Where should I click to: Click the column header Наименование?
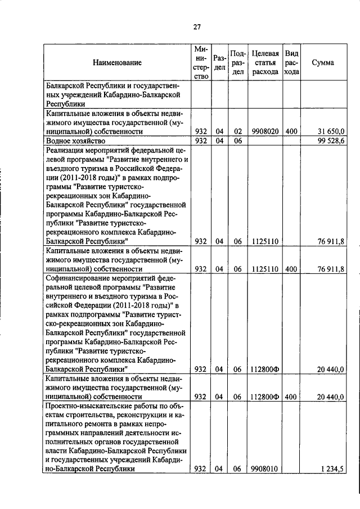[x=118, y=63]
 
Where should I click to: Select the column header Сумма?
[x=322, y=63]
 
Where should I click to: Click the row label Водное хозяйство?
[x=76, y=141]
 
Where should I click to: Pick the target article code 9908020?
[x=264, y=132]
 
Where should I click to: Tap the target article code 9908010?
[x=264, y=468]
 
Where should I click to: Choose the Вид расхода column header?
[x=291, y=63]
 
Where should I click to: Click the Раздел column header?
[x=220, y=63]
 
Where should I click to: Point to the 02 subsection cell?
[x=237, y=132]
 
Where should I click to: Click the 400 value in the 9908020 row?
[x=291, y=132]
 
